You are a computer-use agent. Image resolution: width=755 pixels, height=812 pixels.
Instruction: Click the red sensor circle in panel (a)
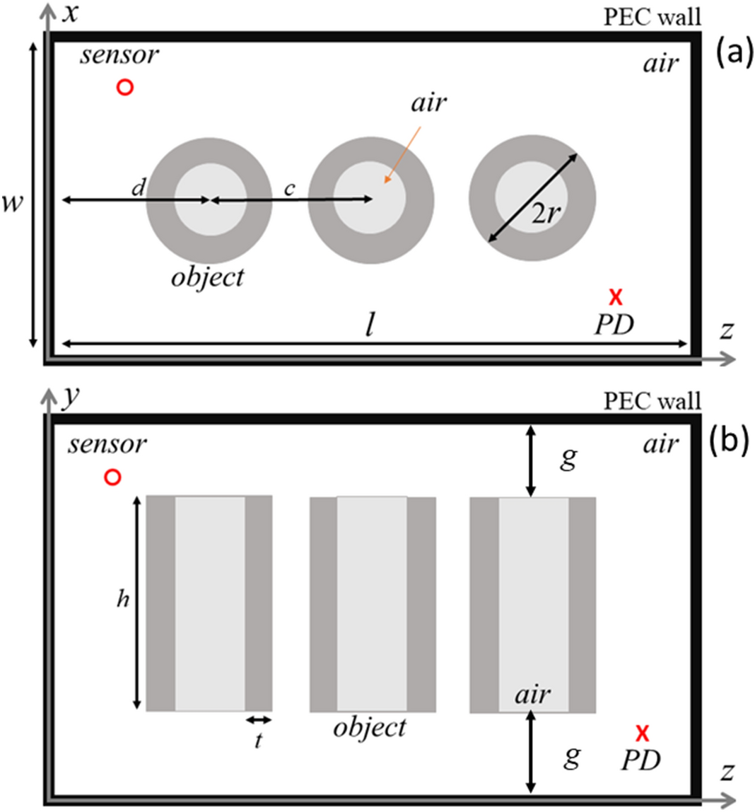coord(124,87)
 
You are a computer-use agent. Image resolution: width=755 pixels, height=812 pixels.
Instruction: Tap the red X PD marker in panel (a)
coord(616,296)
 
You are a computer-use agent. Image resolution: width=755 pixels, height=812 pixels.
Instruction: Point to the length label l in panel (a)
coord(369,325)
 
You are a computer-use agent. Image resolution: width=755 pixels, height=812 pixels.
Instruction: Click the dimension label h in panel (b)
coord(122,598)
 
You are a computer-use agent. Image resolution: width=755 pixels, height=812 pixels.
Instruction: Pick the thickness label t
coord(258,742)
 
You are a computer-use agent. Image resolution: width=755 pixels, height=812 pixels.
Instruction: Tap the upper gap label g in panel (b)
coord(569,458)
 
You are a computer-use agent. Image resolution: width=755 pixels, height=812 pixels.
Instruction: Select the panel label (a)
coord(728,54)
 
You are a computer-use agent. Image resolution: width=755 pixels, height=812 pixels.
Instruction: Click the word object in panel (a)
coord(207,277)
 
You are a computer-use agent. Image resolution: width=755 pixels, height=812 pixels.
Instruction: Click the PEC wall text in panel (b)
coord(652,401)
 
